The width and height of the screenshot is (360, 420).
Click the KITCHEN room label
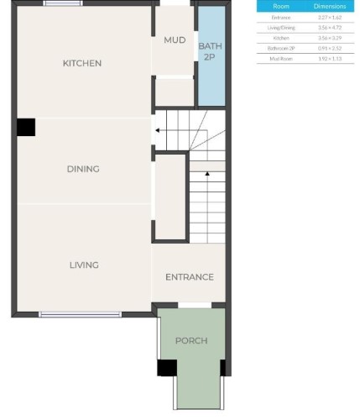(82, 63)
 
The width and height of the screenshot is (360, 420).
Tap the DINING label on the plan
(83, 169)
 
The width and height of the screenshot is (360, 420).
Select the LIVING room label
(84, 265)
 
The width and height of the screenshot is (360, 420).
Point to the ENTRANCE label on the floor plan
(189, 276)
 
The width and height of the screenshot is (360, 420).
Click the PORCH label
(191, 340)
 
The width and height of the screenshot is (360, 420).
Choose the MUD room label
(175, 40)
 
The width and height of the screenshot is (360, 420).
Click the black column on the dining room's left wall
(26, 127)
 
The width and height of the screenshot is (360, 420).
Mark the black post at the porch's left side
(167, 367)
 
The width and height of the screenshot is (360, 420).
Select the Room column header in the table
(281, 6)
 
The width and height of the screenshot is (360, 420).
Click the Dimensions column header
(328, 6)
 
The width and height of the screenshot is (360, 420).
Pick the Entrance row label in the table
(281, 17)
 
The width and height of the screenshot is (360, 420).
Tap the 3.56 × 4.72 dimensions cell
(328, 28)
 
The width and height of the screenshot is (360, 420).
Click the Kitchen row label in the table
(281, 38)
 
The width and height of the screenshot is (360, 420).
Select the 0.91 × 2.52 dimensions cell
(328, 49)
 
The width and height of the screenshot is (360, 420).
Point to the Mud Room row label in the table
(281, 59)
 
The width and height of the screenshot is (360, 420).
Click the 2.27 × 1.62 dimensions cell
(328, 17)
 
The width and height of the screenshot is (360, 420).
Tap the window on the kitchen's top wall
(57, 3)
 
